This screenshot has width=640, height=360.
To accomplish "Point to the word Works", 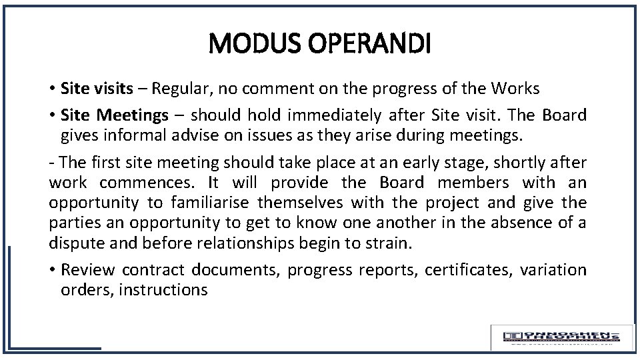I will (515, 88).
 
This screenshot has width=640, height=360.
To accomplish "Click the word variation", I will (553, 270).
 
